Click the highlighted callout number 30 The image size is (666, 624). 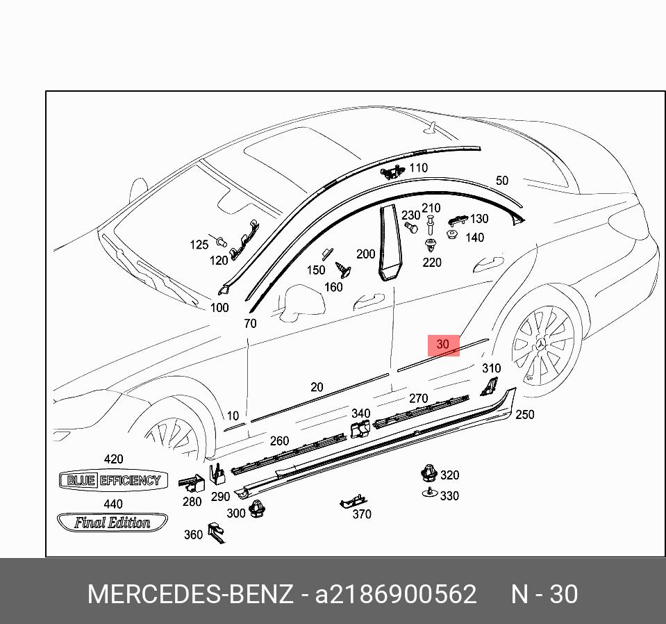point(443,345)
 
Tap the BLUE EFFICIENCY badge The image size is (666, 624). point(113,480)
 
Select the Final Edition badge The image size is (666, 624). point(113,523)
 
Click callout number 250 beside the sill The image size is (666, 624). point(524,415)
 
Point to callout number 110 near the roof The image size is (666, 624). point(418,168)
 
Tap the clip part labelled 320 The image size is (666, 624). point(428,475)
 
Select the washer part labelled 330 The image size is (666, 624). point(431,493)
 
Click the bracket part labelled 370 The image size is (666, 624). point(353,501)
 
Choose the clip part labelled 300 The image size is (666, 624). point(259,509)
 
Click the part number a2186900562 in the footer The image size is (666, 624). point(396,595)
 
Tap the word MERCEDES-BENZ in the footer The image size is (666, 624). point(190,595)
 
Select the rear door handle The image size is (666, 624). point(489,265)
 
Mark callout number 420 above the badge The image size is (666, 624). point(113,459)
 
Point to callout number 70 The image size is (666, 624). point(250,323)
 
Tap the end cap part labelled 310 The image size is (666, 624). point(489,386)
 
